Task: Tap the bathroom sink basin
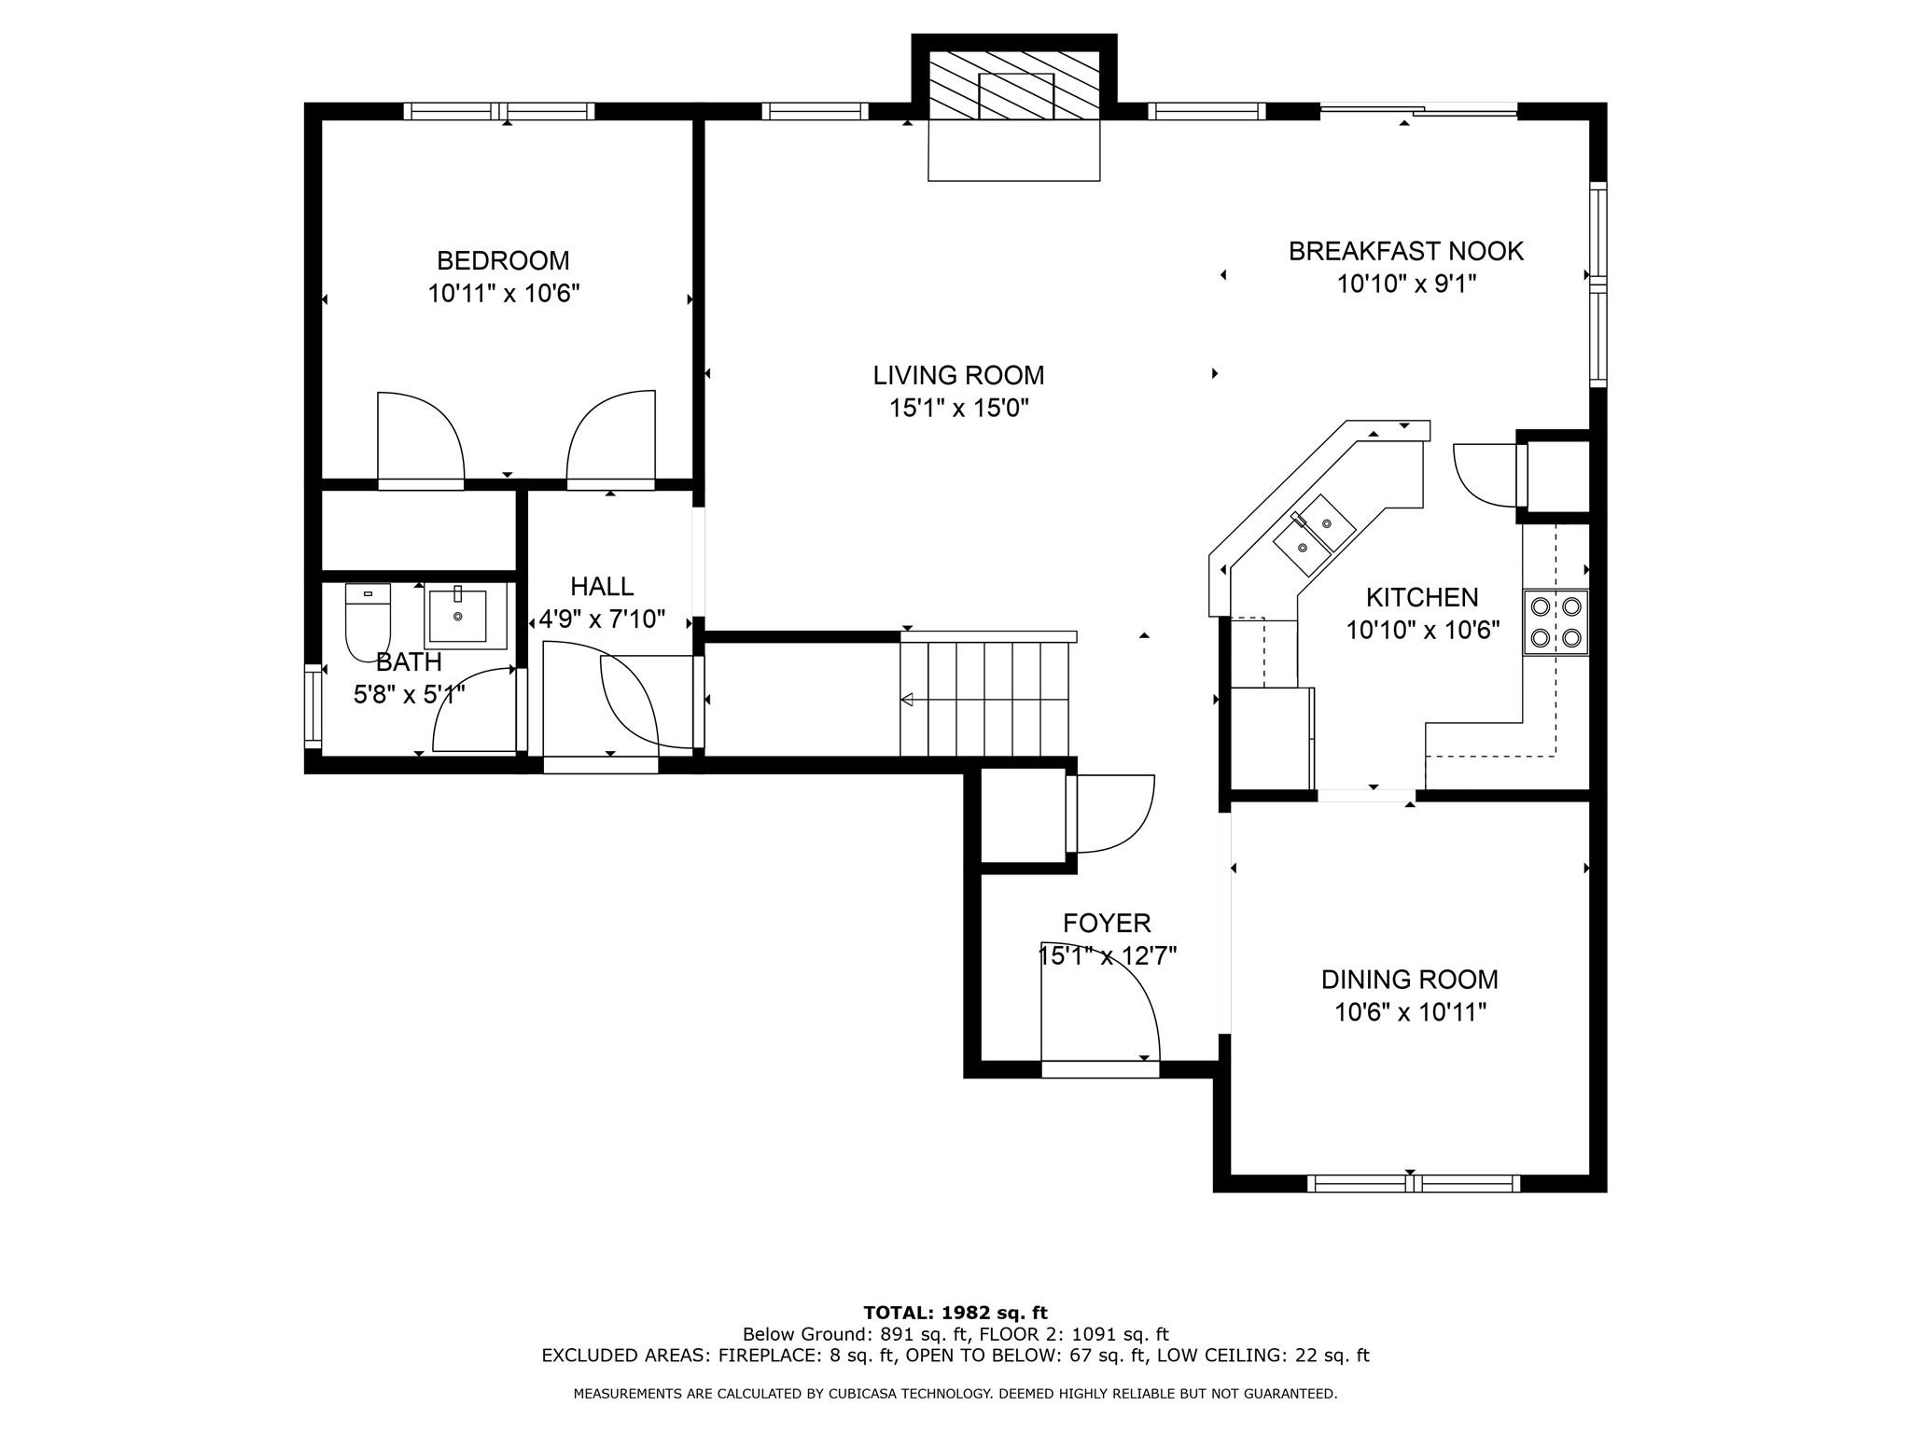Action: (457, 615)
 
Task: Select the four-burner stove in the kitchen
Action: (1555, 622)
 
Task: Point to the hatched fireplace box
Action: (1014, 86)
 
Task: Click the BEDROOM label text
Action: (503, 260)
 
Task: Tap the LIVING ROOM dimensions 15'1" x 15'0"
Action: (958, 408)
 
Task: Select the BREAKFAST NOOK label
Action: (1405, 251)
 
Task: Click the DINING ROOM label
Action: (1409, 980)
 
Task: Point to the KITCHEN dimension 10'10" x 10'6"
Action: (1422, 631)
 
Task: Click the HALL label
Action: (602, 587)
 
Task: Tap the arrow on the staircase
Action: (907, 700)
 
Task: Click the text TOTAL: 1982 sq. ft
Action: (955, 1313)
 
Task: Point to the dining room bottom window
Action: (1413, 1184)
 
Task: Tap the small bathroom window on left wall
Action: (312, 705)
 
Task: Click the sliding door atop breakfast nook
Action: (1418, 111)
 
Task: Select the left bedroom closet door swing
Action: (421, 438)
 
